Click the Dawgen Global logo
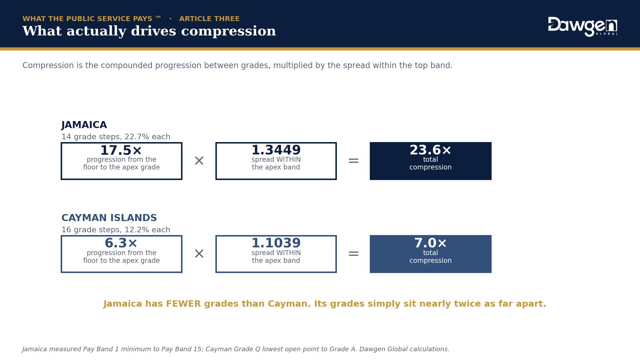click(583, 27)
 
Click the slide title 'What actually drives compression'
click(149, 31)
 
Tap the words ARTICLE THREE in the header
click(209, 19)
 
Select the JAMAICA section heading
click(84, 125)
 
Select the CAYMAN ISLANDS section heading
click(109, 218)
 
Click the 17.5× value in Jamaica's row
click(121, 151)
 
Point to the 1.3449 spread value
click(276, 150)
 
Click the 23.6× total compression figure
click(431, 150)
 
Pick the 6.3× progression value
click(121, 243)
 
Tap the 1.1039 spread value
click(276, 243)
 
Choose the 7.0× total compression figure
click(431, 243)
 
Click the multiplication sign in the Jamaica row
click(199, 161)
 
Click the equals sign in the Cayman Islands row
click(353, 254)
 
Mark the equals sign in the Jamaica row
click(353, 161)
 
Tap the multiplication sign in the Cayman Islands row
click(199, 254)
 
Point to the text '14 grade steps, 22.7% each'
click(116, 137)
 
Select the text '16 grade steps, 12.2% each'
click(116, 230)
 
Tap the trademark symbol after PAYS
click(158, 17)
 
